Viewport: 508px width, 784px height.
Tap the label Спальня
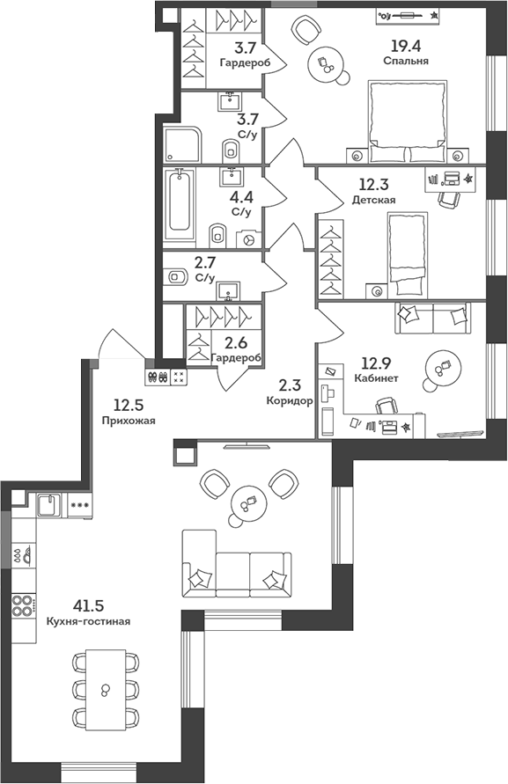tap(406, 62)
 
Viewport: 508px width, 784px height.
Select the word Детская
tap(373, 200)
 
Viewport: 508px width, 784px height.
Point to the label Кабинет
tap(377, 378)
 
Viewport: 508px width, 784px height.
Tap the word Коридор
tap(289, 400)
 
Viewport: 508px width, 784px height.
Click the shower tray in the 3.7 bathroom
tap(182, 144)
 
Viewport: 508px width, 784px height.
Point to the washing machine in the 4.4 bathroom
tap(249, 238)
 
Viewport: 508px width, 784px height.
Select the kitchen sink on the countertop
tap(48, 505)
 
